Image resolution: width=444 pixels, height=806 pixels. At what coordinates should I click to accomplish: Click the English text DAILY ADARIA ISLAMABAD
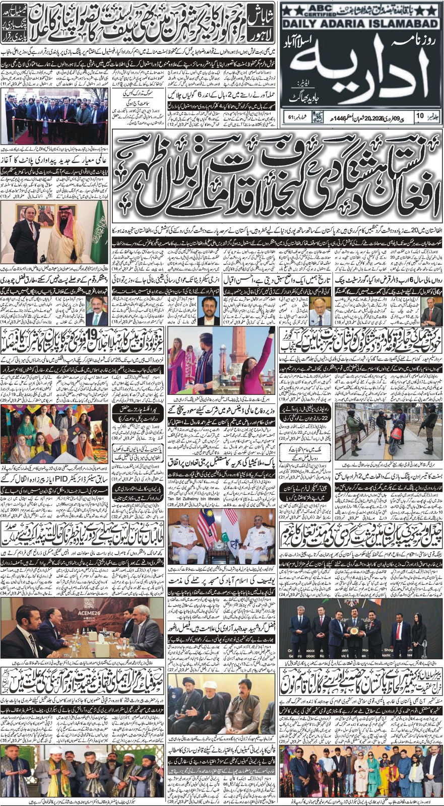pyautogui.click(x=361, y=24)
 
